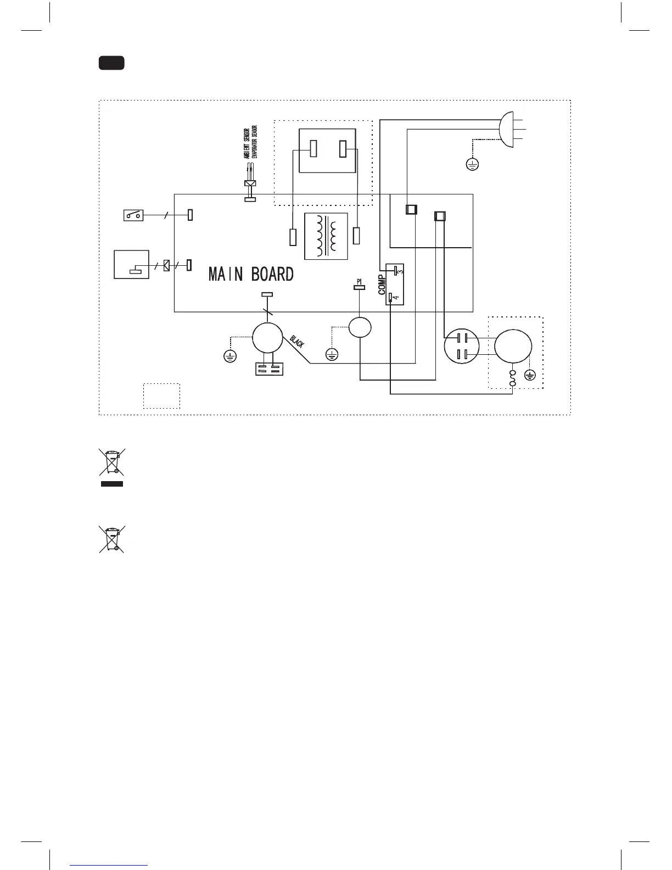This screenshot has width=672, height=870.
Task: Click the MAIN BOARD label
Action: [x=251, y=274]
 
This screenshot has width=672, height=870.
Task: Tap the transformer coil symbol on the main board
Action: [x=326, y=236]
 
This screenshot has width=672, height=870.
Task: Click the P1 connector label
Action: [x=359, y=281]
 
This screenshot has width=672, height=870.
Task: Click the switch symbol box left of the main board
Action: [x=133, y=215]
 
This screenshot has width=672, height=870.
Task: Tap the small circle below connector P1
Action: [x=360, y=328]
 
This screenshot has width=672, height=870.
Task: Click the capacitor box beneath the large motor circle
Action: [x=269, y=368]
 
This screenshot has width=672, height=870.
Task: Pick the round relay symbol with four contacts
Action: [x=461, y=346]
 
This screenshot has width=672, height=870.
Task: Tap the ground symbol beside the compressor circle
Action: [x=530, y=375]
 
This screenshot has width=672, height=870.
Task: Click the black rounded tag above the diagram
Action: [x=111, y=63]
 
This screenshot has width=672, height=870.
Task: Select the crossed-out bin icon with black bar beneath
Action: [x=111, y=467]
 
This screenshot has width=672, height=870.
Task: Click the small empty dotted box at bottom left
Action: [x=161, y=395]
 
